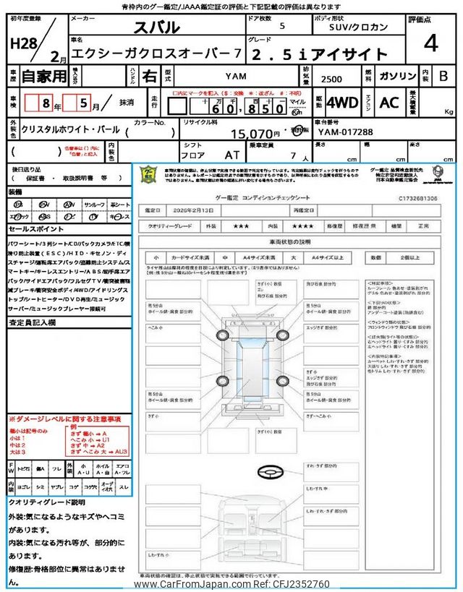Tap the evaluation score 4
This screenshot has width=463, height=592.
coord(431,44)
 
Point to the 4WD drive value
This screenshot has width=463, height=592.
coord(342,103)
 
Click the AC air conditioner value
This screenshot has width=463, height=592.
coord(389,103)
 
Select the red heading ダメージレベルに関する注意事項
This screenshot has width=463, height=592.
coord(64,419)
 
